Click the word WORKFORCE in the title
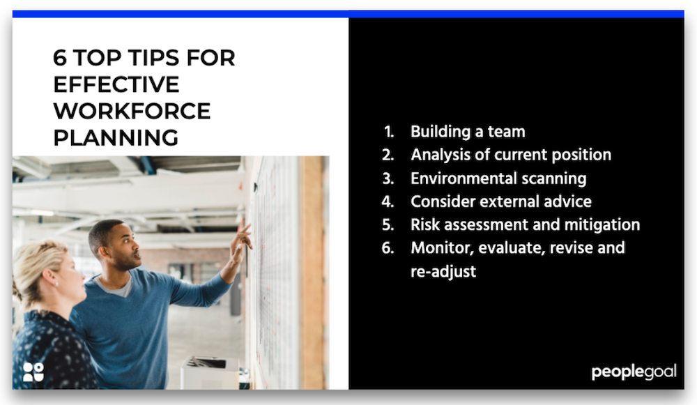point(132,111)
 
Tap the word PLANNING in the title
point(116,137)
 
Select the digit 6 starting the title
point(61,58)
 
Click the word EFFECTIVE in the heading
point(116,84)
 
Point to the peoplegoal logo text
point(634,372)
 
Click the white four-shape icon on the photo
point(33,372)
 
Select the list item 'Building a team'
point(468,131)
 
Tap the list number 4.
point(388,201)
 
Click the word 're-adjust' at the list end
point(443,271)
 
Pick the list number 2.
point(388,155)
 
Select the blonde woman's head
point(45,268)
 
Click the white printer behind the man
point(209,373)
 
